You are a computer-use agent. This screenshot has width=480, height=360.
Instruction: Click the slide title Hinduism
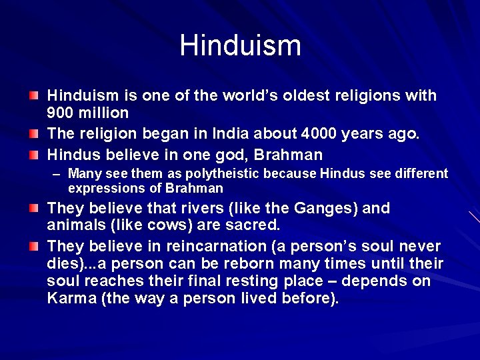pyautogui.click(x=240, y=45)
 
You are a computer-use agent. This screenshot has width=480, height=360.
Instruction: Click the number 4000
pyautogui.click(x=318, y=133)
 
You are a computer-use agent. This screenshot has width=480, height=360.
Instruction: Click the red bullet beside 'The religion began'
pyautogui.click(x=33, y=133)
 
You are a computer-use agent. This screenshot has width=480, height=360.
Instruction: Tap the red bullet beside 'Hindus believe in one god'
pyautogui.click(x=33, y=155)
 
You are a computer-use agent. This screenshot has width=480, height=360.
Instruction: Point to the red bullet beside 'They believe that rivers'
pyautogui.click(x=33, y=208)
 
